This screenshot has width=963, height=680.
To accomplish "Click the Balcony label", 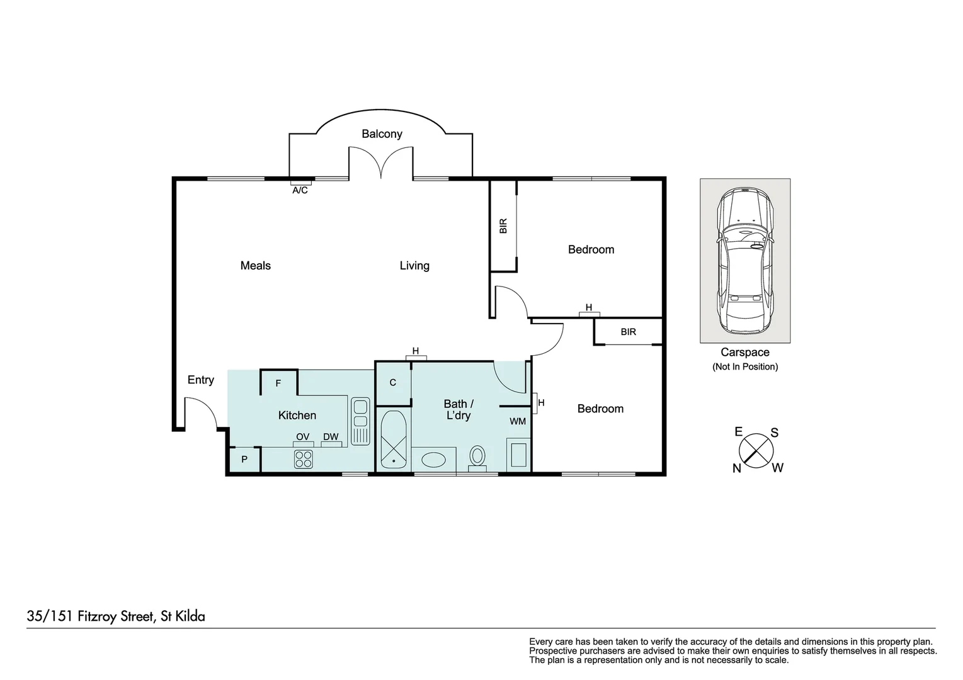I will pos(382,134).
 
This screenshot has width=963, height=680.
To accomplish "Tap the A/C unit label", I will pos(300,190).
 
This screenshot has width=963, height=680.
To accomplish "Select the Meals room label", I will pos(255,266).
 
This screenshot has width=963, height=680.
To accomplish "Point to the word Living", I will pos(414,266).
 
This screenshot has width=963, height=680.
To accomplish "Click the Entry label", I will pos(201,380).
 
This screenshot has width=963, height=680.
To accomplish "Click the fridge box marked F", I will pos(278,383).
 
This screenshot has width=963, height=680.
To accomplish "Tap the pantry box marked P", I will pos(244,460).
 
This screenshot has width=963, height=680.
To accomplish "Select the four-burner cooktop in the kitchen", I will pos(303,459).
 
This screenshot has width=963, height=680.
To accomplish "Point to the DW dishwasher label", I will pos(331,437).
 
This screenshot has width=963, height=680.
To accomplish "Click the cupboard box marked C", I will pos(392,382).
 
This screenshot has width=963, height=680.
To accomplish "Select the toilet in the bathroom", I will pos(477,456).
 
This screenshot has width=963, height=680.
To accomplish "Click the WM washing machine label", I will pos(518,421).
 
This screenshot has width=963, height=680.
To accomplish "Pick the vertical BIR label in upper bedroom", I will pos(503,226).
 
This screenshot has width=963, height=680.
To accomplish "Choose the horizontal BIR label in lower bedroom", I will pos(628,332).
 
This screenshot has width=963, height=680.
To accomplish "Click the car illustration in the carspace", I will pos(745,261).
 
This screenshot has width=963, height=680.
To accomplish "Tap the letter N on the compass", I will pos(736,468).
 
